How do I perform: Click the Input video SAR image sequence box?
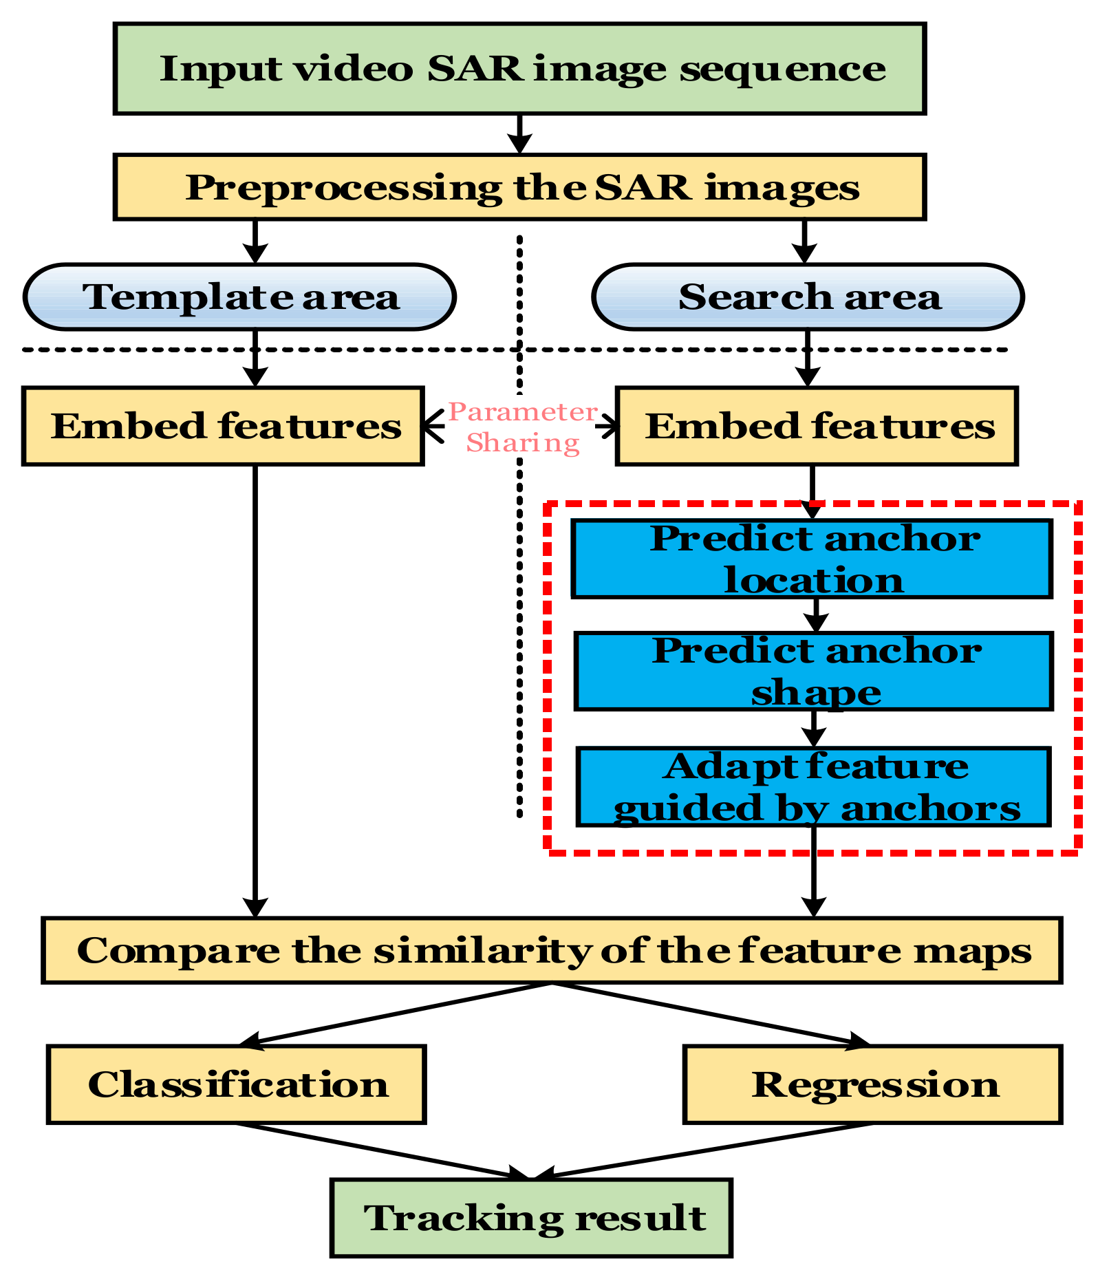click(x=519, y=68)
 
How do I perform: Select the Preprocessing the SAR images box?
click(x=519, y=187)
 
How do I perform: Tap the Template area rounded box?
click(x=239, y=297)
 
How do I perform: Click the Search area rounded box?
click(x=808, y=297)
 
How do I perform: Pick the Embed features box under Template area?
click(x=223, y=426)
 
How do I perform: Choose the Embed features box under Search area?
click(x=817, y=426)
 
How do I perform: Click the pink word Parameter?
click(x=523, y=412)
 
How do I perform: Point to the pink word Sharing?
click(x=523, y=442)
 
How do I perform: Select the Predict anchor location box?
click(x=812, y=559)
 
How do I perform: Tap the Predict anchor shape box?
click(x=814, y=671)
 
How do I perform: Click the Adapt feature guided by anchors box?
click(x=813, y=786)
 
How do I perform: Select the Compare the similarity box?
click(x=552, y=950)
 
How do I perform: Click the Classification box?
click(x=237, y=1084)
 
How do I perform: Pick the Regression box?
click(x=873, y=1084)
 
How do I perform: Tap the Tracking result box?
click(x=531, y=1217)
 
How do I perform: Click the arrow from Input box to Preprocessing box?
click(x=519, y=133)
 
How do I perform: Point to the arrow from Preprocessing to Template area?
click(x=255, y=242)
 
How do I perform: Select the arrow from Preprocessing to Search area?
click(x=804, y=242)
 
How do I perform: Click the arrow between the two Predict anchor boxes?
click(x=816, y=615)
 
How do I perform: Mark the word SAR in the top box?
click(x=475, y=68)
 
